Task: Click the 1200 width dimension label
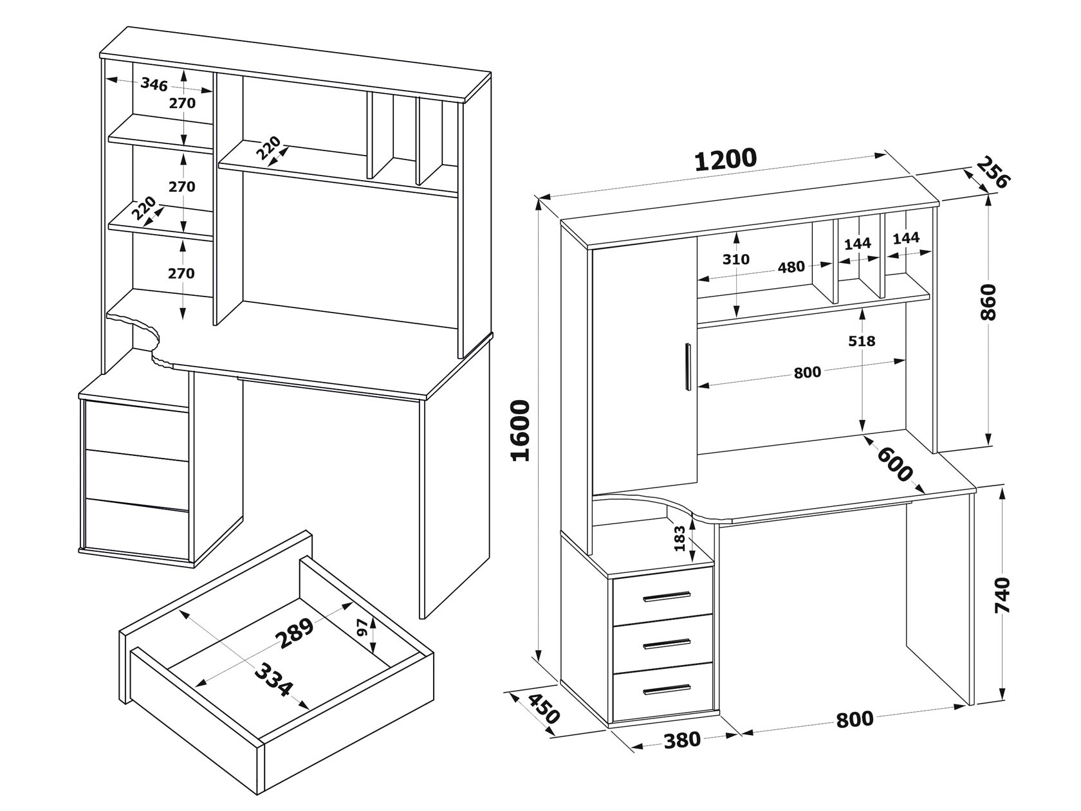tap(725, 159)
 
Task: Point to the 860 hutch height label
tap(988, 302)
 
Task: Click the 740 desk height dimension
tap(1002, 596)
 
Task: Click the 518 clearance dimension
tap(862, 341)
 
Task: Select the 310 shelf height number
tap(735, 259)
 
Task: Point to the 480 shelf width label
tap(791, 266)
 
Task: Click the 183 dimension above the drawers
tap(679, 539)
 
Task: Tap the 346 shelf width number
tap(154, 84)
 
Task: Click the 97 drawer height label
tap(362, 628)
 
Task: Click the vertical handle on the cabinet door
tap(688, 366)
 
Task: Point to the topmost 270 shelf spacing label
tap(182, 102)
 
